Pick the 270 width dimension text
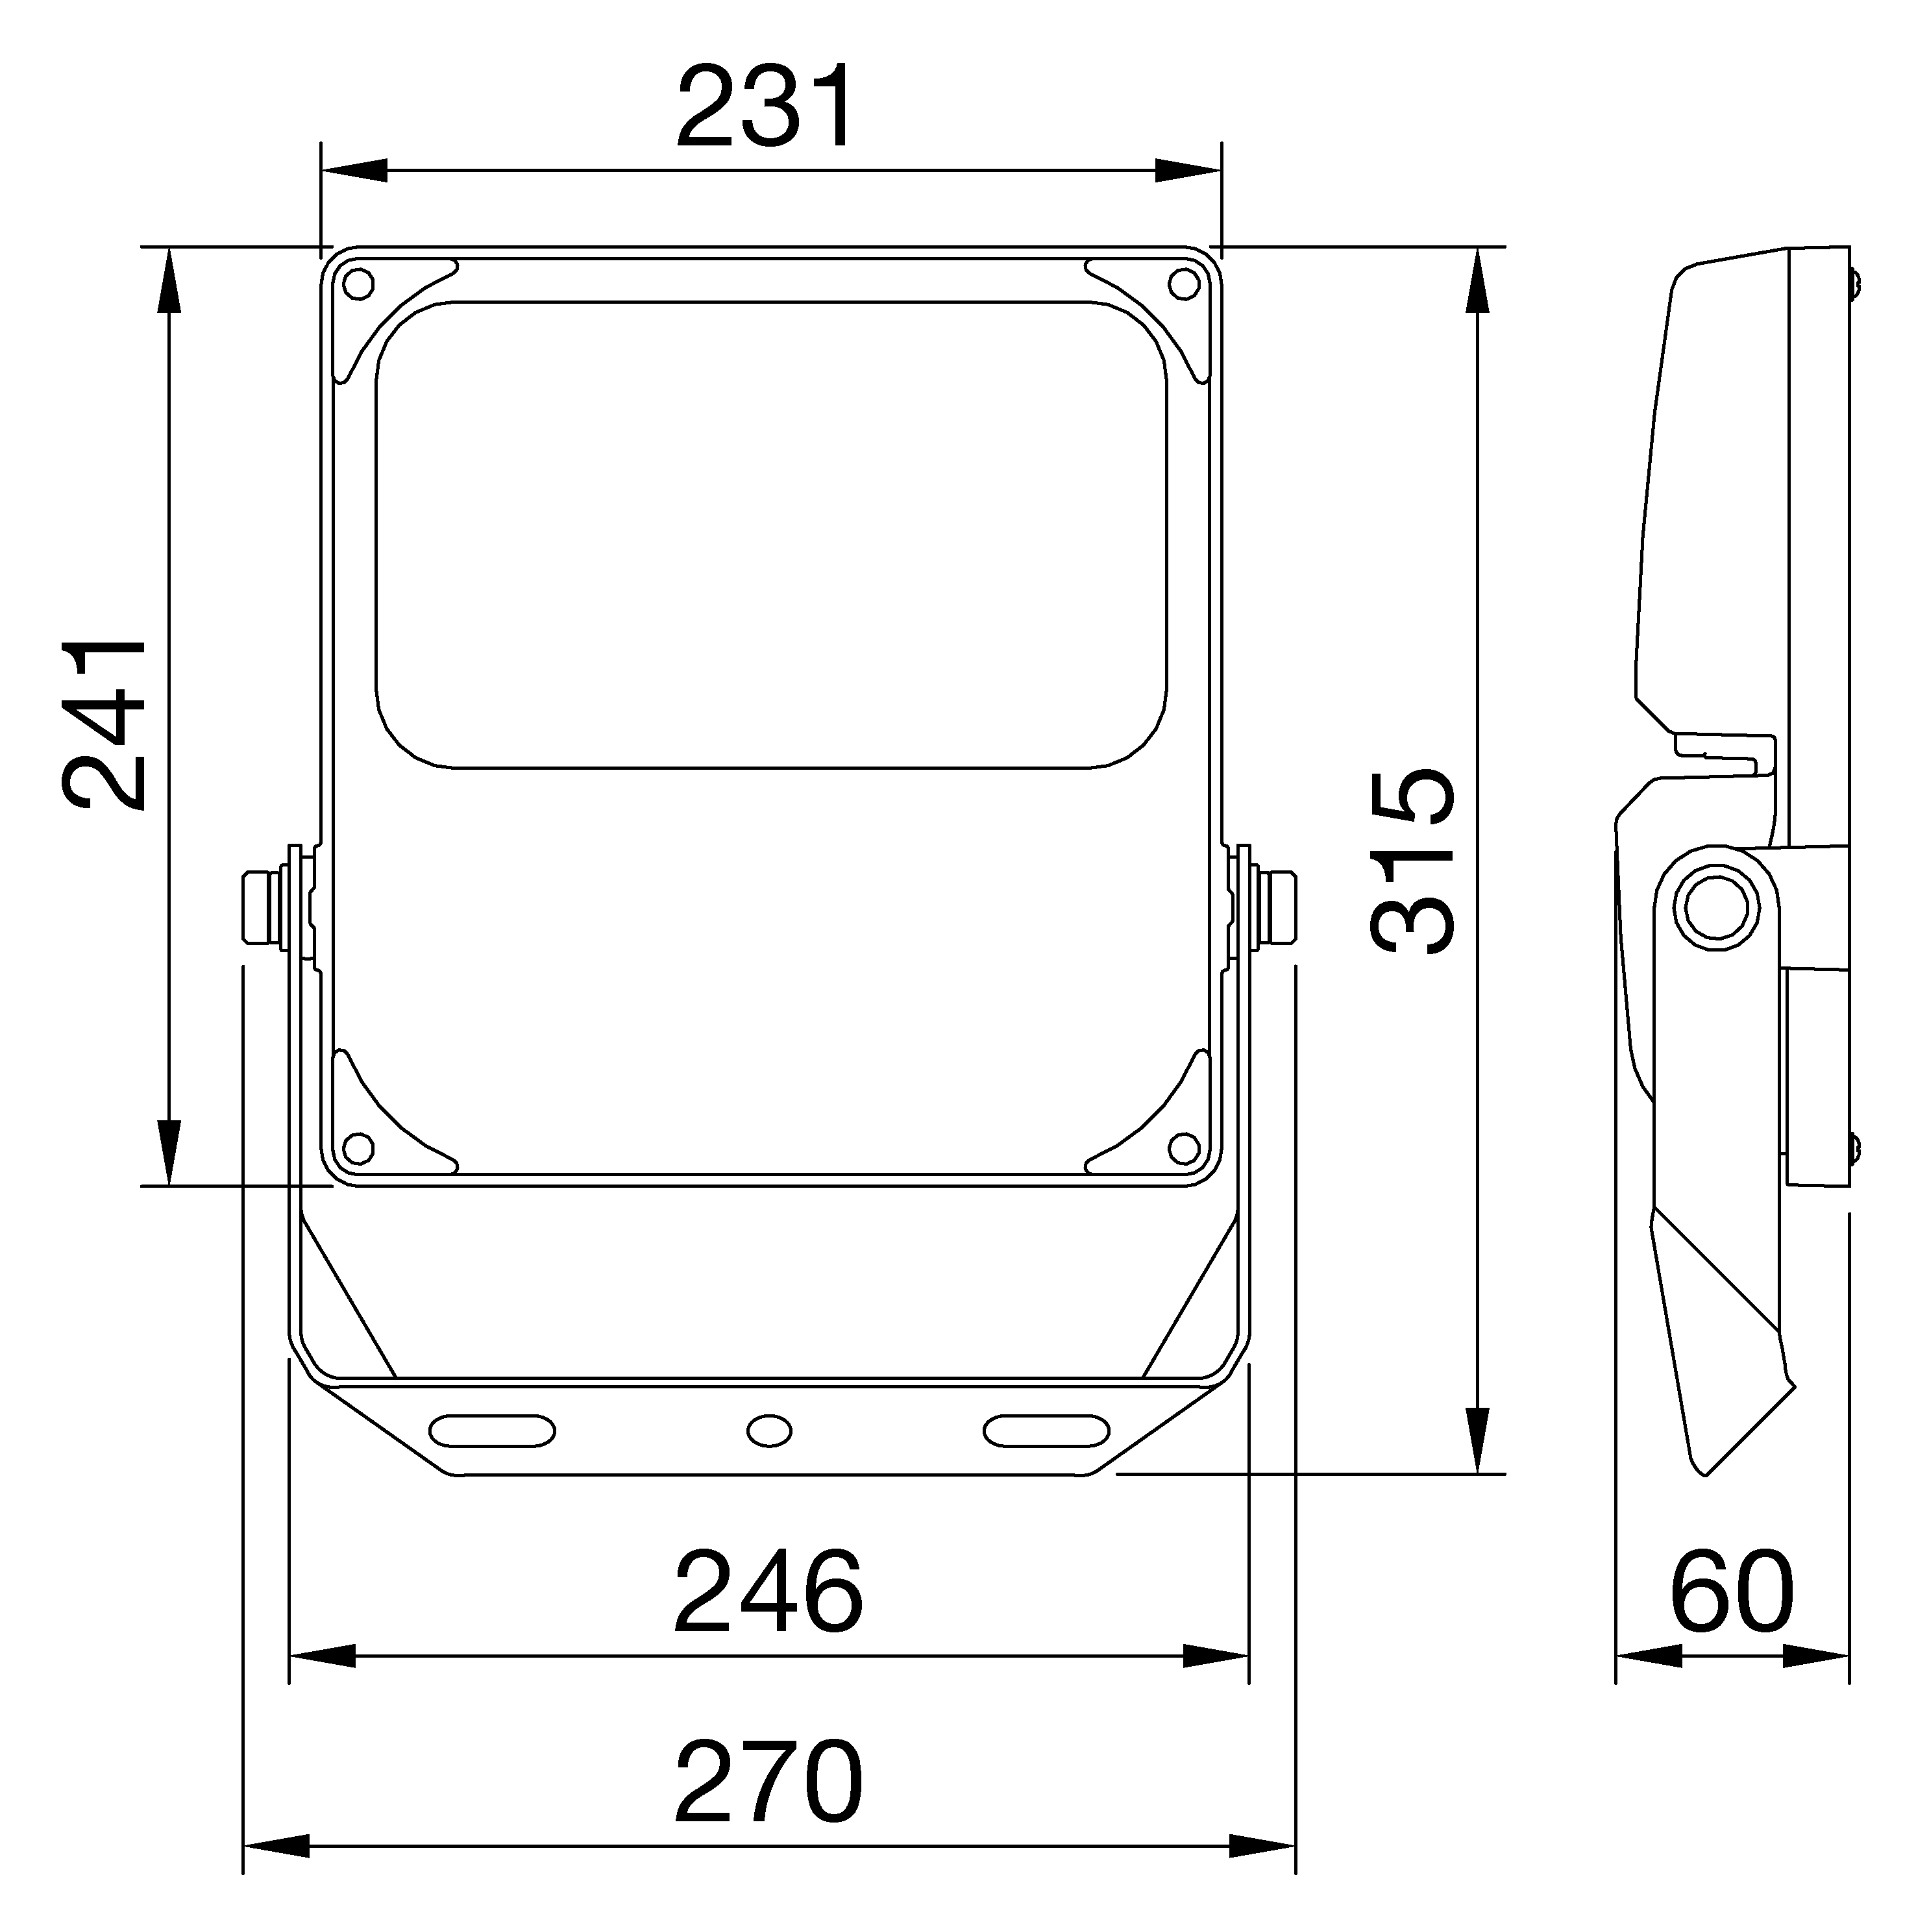click(x=768, y=1781)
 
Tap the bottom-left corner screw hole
click(x=358, y=1148)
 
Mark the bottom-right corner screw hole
click(x=1182, y=1148)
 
